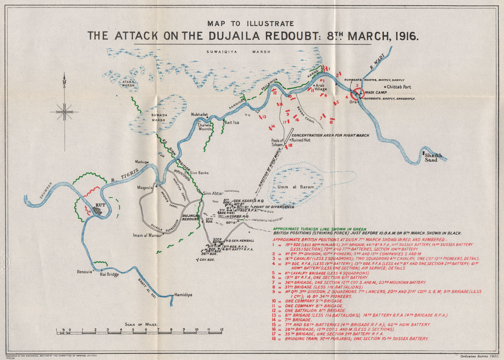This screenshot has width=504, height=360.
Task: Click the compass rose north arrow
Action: (64, 81)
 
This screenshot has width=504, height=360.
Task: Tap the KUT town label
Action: (99, 206)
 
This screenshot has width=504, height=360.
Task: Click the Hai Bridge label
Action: (109, 274)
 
